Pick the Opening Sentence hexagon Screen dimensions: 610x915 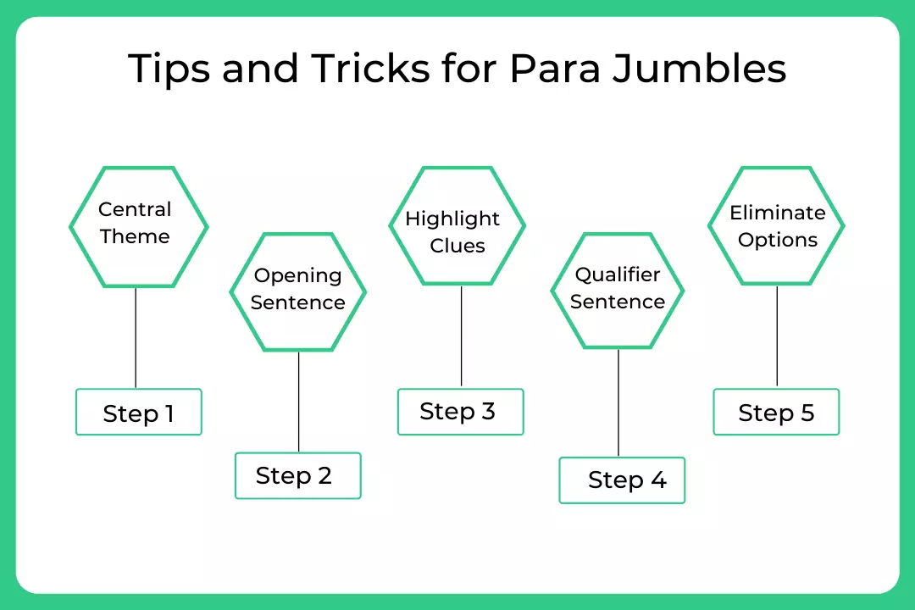297,291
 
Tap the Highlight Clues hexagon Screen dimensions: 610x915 457,226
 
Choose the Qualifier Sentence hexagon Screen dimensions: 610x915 618,291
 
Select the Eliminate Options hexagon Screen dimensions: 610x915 776,226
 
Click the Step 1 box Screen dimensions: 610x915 139,413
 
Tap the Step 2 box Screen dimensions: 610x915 297,475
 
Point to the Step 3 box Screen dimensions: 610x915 460,412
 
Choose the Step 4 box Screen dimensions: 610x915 622,480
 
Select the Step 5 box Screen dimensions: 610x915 776,413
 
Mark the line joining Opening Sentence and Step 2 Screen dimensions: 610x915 299,402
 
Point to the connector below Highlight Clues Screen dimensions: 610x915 461,336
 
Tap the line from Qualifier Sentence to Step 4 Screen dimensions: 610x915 618,402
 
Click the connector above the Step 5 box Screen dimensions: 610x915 777,336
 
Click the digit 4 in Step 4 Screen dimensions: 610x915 658,480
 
